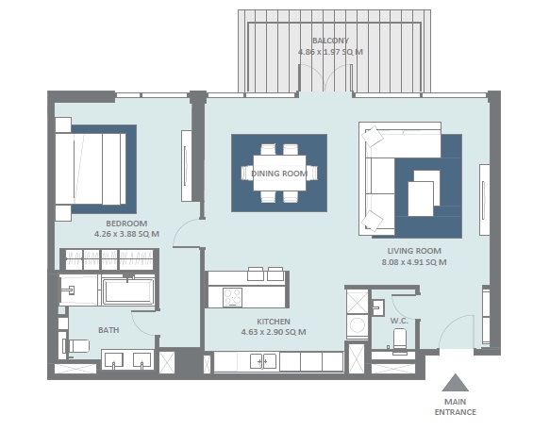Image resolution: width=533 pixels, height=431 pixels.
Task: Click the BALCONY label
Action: click(329, 41)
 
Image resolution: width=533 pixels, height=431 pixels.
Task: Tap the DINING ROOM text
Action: click(279, 174)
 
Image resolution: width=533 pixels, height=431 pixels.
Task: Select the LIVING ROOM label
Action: click(414, 251)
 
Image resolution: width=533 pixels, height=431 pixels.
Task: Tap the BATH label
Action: click(108, 330)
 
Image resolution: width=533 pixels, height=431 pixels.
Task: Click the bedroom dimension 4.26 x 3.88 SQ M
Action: click(126, 234)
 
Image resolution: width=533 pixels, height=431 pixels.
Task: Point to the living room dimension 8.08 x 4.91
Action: click(415, 262)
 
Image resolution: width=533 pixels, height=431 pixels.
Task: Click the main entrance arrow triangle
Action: click(456, 383)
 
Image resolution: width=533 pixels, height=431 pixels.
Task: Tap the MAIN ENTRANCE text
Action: click(456, 406)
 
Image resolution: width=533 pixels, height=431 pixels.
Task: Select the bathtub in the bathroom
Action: click(127, 290)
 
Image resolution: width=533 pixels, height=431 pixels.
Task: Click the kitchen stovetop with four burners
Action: click(232, 296)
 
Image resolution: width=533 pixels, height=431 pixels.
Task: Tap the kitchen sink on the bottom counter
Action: click(263, 361)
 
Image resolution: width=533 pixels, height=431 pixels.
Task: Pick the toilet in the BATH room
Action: click(76, 346)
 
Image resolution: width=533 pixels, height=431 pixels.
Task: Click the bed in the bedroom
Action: click(91, 168)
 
